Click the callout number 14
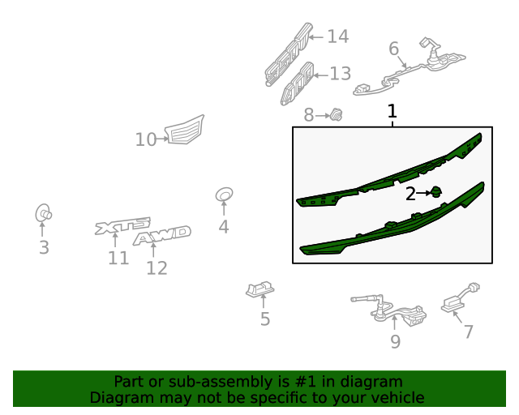(x=338, y=36)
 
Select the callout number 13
(x=341, y=74)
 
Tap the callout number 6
(x=393, y=49)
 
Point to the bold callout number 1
(x=392, y=111)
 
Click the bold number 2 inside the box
(x=410, y=194)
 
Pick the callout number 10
(x=146, y=139)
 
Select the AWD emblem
(x=162, y=235)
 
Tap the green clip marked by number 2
(x=436, y=192)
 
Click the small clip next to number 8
(x=337, y=114)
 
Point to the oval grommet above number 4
(x=224, y=195)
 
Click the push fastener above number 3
(x=43, y=213)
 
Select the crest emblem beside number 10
(x=185, y=130)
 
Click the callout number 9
(x=396, y=341)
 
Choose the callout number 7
(x=469, y=332)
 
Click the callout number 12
(x=157, y=268)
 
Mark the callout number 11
(x=118, y=258)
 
